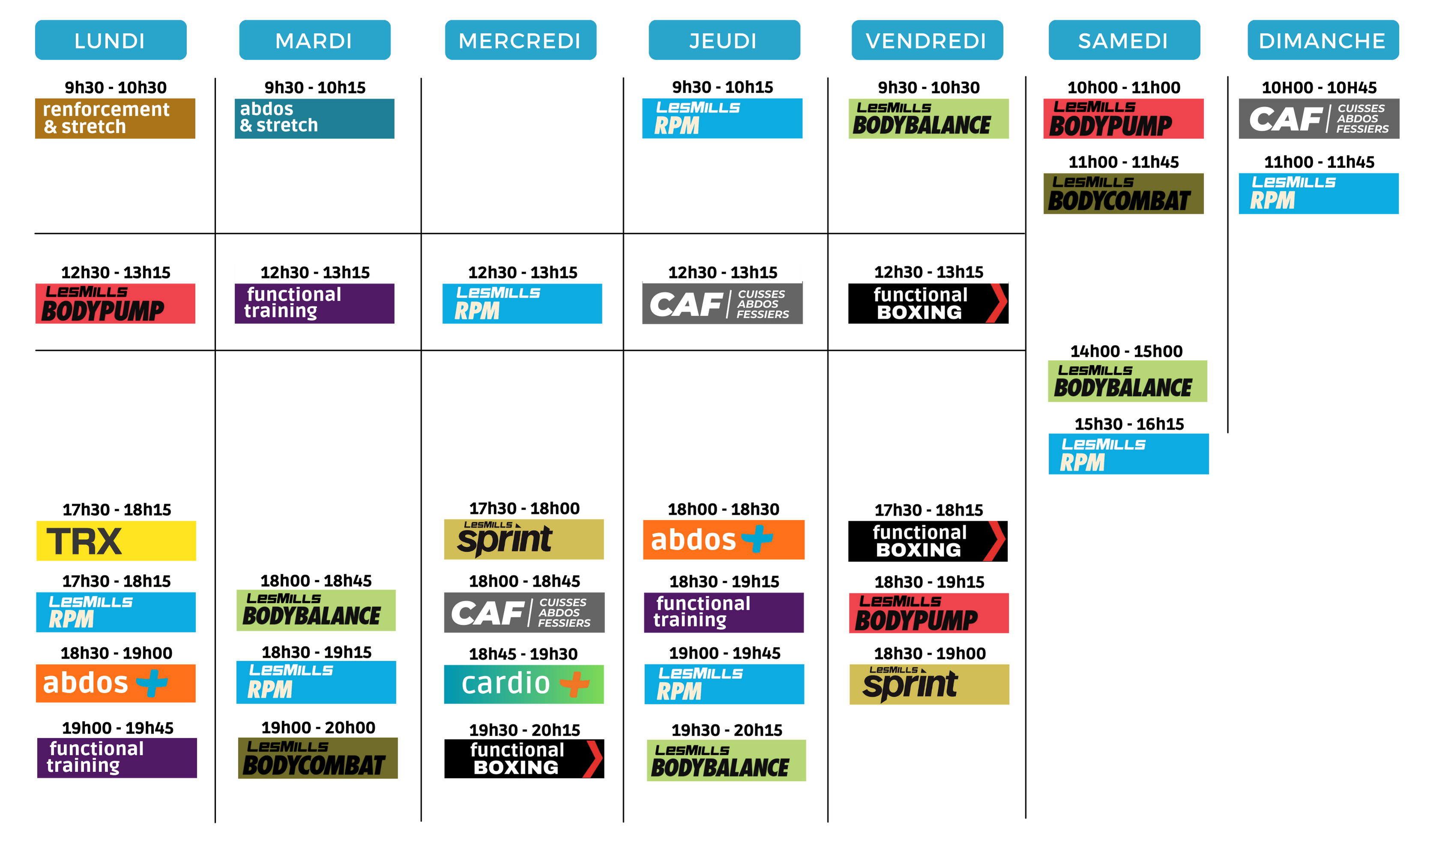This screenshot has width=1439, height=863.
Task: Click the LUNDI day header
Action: (x=111, y=40)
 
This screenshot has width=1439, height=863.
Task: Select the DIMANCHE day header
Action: (x=1322, y=40)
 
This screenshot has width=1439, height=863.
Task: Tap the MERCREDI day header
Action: (x=521, y=40)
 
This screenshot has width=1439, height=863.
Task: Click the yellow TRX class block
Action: (x=117, y=541)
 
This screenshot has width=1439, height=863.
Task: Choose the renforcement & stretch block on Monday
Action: (x=115, y=119)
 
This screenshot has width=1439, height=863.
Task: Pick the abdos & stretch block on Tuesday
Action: (x=314, y=119)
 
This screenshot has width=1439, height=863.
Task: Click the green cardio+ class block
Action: (x=524, y=684)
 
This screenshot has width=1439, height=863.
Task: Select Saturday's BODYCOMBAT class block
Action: (x=1123, y=194)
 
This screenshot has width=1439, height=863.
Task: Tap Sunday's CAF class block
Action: (x=1319, y=119)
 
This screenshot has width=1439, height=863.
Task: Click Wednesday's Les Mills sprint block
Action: (x=524, y=539)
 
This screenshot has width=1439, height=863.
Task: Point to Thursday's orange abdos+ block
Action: (x=724, y=540)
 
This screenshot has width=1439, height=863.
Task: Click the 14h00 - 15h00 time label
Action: (x=1126, y=351)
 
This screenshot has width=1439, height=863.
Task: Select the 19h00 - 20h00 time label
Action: (x=318, y=728)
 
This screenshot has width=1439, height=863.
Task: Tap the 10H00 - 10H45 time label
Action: (x=1319, y=88)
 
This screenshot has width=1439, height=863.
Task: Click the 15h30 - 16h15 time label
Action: (x=1129, y=424)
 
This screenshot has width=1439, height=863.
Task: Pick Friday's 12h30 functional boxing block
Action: (x=928, y=304)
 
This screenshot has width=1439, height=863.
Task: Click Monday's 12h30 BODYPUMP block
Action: (x=115, y=304)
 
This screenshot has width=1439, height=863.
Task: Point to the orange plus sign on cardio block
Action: (x=574, y=684)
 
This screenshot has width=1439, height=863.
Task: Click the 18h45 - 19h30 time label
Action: (x=524, y=654)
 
